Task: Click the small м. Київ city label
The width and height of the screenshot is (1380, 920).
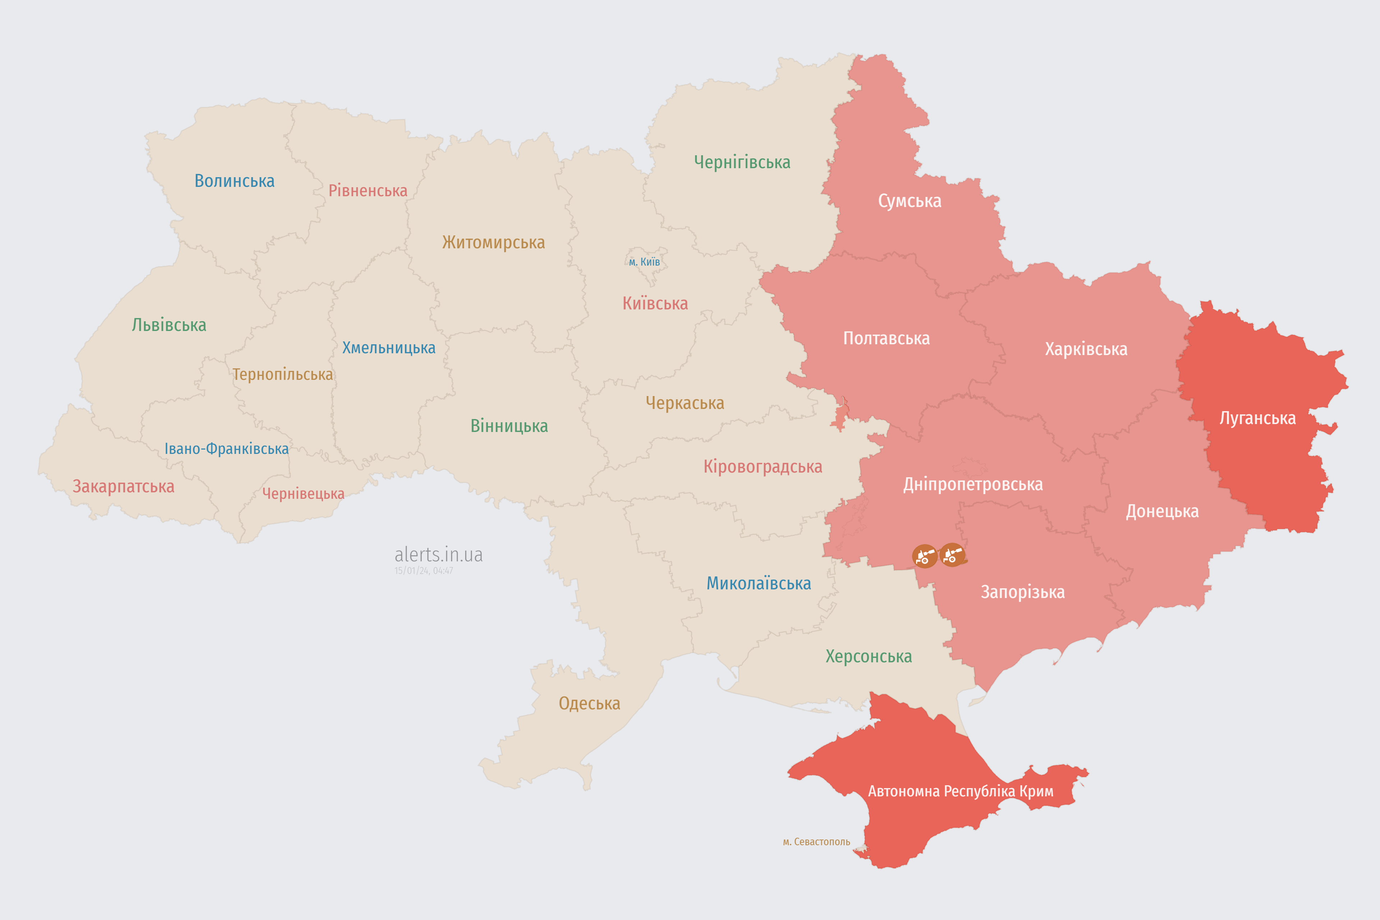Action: tap(644, 262)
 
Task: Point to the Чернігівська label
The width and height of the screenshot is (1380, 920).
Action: tap(742, 162)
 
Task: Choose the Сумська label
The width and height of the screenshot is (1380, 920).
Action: tap(910, 201)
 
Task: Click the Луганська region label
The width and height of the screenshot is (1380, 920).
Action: tap(1257, 418)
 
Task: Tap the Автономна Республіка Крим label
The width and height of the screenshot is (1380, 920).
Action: tap(961, 791)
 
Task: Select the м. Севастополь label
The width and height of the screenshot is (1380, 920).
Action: tap(816, 842)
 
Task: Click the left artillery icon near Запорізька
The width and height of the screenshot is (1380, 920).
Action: tap(924, 556)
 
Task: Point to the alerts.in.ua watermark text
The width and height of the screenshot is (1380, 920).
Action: tap(438, 555)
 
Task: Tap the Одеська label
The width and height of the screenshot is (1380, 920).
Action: tap(589, 704)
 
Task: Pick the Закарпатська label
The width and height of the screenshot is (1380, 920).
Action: tap(123, 486)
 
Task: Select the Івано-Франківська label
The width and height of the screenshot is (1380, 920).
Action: tap(226, 449)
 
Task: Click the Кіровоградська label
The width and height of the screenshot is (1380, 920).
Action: tap(763, 467)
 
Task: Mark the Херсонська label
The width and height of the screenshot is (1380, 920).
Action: tap(868, 657)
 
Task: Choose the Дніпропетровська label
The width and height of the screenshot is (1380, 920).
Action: tap(973, 485)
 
